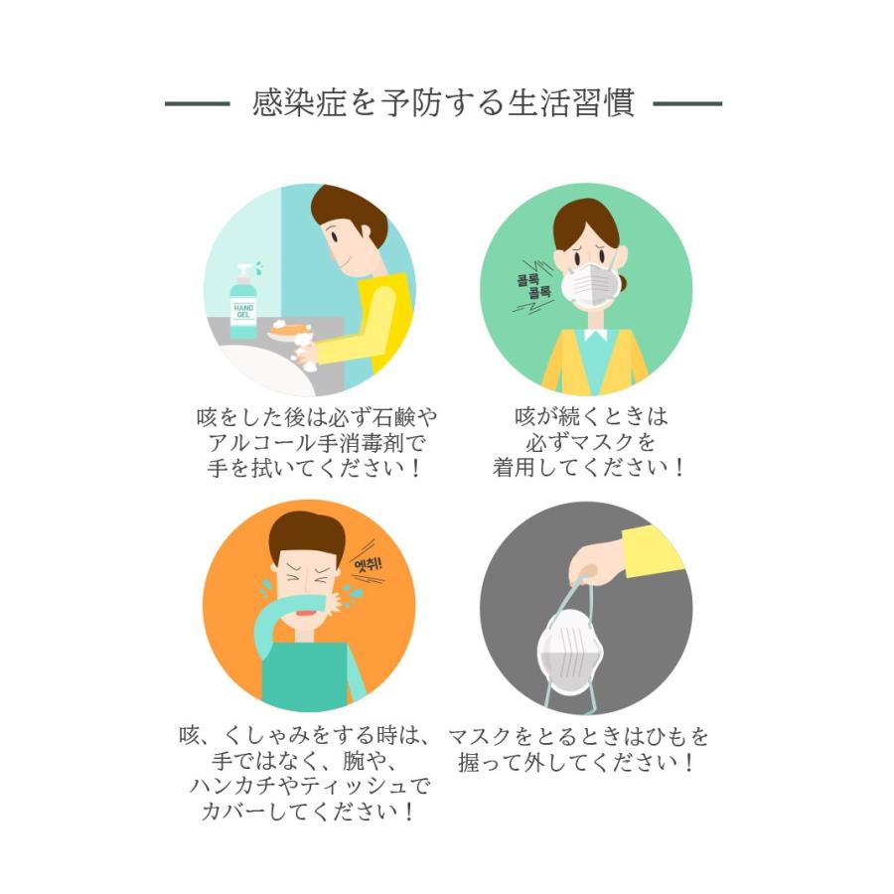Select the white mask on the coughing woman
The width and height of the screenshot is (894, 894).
point(588,284)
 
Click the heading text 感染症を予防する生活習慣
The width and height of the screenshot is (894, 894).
point(443,103)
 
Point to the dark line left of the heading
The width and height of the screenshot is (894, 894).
point(197,103)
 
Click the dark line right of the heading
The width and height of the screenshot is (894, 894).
point(687,103)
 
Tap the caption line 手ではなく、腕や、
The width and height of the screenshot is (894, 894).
point(304,762)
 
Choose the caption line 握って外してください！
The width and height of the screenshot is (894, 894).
point(576,762)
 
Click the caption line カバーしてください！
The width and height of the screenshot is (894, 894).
point(308,811)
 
